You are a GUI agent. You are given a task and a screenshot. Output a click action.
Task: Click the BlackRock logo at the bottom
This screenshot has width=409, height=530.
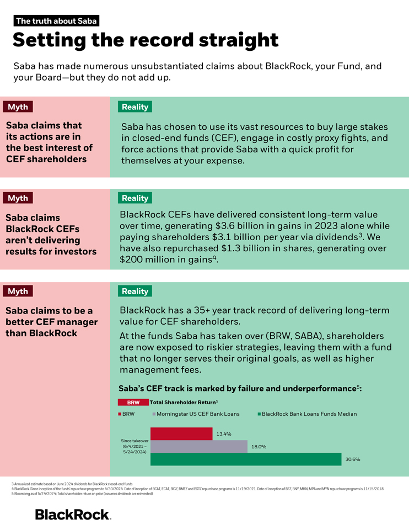pyautogui.click(x=73, y=515)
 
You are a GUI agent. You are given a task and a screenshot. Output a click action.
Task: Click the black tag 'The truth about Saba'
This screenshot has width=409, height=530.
pyautogui.click(x=57, y=22)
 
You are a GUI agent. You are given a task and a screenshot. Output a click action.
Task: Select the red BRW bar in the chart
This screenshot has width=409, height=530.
pyautogui.click(x=181, y=434)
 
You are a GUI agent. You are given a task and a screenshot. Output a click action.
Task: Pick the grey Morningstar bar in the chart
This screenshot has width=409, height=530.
pyautogui.click(x=199, y=447)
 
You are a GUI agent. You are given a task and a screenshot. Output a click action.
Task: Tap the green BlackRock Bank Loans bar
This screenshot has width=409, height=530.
pyautogui.click(x=245, y=459)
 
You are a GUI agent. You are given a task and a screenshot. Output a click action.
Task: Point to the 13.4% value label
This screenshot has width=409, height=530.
pyautogui.click(x=224, y=434)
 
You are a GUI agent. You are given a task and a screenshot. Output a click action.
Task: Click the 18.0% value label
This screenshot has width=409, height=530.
pyautogui.click(x=259, y=447)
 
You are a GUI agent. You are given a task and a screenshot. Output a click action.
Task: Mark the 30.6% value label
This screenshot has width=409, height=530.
pyautogui.click(x=353, y=459)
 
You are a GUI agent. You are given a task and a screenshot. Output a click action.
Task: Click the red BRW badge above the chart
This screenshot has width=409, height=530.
pyautogui.click(x=133, y=402)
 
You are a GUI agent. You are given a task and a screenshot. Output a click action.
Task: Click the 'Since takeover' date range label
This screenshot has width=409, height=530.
pyautogui.click(x=135, y=446)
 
